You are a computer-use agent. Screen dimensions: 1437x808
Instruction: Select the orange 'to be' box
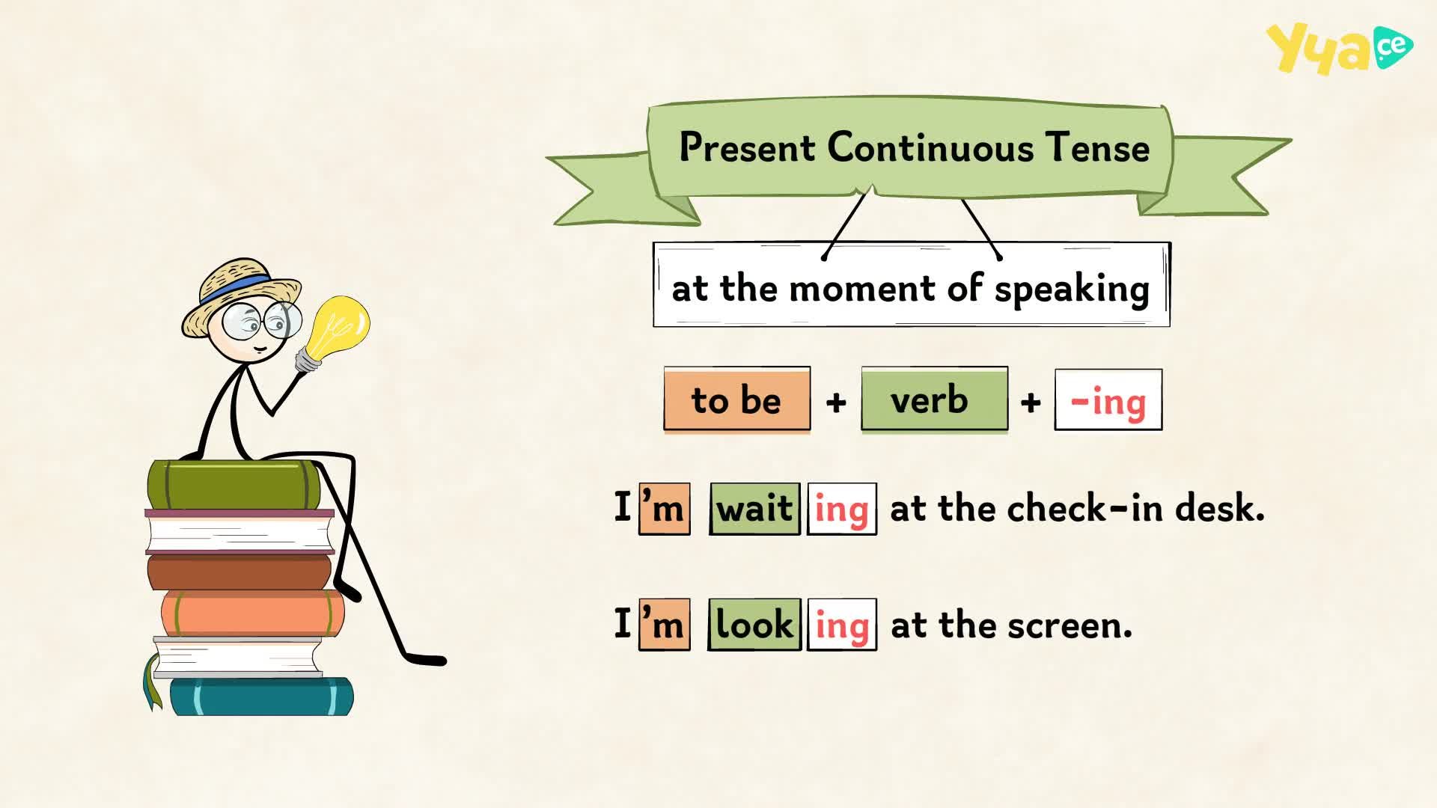click(x=736, y=400)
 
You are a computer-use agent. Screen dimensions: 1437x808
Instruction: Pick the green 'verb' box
click(x=934, y=400)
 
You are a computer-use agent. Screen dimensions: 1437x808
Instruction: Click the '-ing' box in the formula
click(x=1108, y=400)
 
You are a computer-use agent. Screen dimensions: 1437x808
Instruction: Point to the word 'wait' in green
click(x=754, y=509)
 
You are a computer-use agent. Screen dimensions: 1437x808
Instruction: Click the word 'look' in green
click(x=754, y=625)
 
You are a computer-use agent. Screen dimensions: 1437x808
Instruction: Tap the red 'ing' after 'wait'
click(x=842, y=509)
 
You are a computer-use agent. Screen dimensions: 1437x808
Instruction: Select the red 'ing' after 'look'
click(x=842, y=625)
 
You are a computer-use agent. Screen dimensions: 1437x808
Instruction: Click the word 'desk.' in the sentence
click(x=1220, y=508)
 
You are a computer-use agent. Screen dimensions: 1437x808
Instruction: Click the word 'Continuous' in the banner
click(x=930, y=147)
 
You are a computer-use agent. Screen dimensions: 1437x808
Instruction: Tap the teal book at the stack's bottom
click(x=261, y=697)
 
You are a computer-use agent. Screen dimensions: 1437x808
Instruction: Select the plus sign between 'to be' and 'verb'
click(x=836, y=403)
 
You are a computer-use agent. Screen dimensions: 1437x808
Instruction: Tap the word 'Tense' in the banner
click(x=1097, y=147)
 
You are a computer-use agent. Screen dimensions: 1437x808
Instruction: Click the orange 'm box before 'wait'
click(x=665, y=509)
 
